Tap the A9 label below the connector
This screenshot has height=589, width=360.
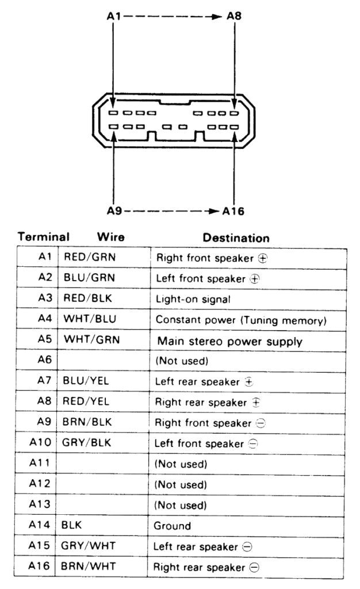point(114,211)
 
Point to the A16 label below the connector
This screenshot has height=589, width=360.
point(233,211)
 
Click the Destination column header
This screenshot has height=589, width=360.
point(236,238)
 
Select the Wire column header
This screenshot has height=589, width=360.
point(111,237)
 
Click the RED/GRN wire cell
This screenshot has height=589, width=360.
point(89,258)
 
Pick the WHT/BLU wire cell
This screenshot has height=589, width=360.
point(89,319)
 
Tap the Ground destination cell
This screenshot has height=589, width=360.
point(172,526)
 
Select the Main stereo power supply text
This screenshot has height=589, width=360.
point(229,341)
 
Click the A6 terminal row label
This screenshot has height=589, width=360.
point(45,360)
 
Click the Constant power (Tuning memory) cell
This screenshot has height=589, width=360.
point(241,320)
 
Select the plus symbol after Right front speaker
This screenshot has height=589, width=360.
point(263,259)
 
